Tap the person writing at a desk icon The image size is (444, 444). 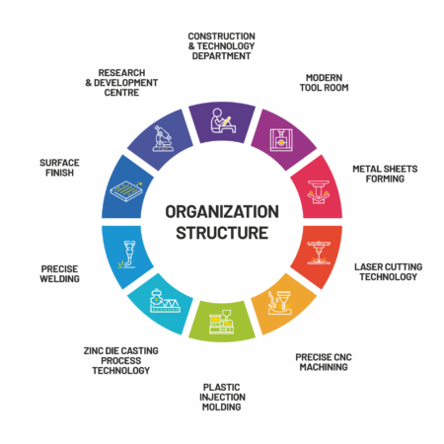(223, 120)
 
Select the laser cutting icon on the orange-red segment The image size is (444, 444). (319, 253)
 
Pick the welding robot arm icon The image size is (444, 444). (127, 255)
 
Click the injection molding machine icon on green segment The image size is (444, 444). (222, 322)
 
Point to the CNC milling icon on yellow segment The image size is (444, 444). (279, 303)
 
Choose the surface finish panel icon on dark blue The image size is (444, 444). (126, 190)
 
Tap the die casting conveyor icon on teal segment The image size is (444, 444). (165, 301)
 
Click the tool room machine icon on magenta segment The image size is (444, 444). (281, 140)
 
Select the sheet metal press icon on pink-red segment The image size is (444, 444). (319, 192)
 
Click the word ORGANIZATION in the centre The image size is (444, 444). (222, 211)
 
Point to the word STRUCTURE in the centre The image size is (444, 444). (222, 233)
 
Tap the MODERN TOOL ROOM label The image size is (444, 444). (324, 83)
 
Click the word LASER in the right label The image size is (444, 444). (366, 266)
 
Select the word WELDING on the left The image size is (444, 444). (60, 279)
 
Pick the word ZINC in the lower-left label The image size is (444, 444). (93, 351)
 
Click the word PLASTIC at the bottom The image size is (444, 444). (222, 387)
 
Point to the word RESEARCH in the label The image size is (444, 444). (121, 73)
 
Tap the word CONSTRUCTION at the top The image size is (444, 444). (222, 37)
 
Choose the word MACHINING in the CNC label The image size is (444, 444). (324, 367)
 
